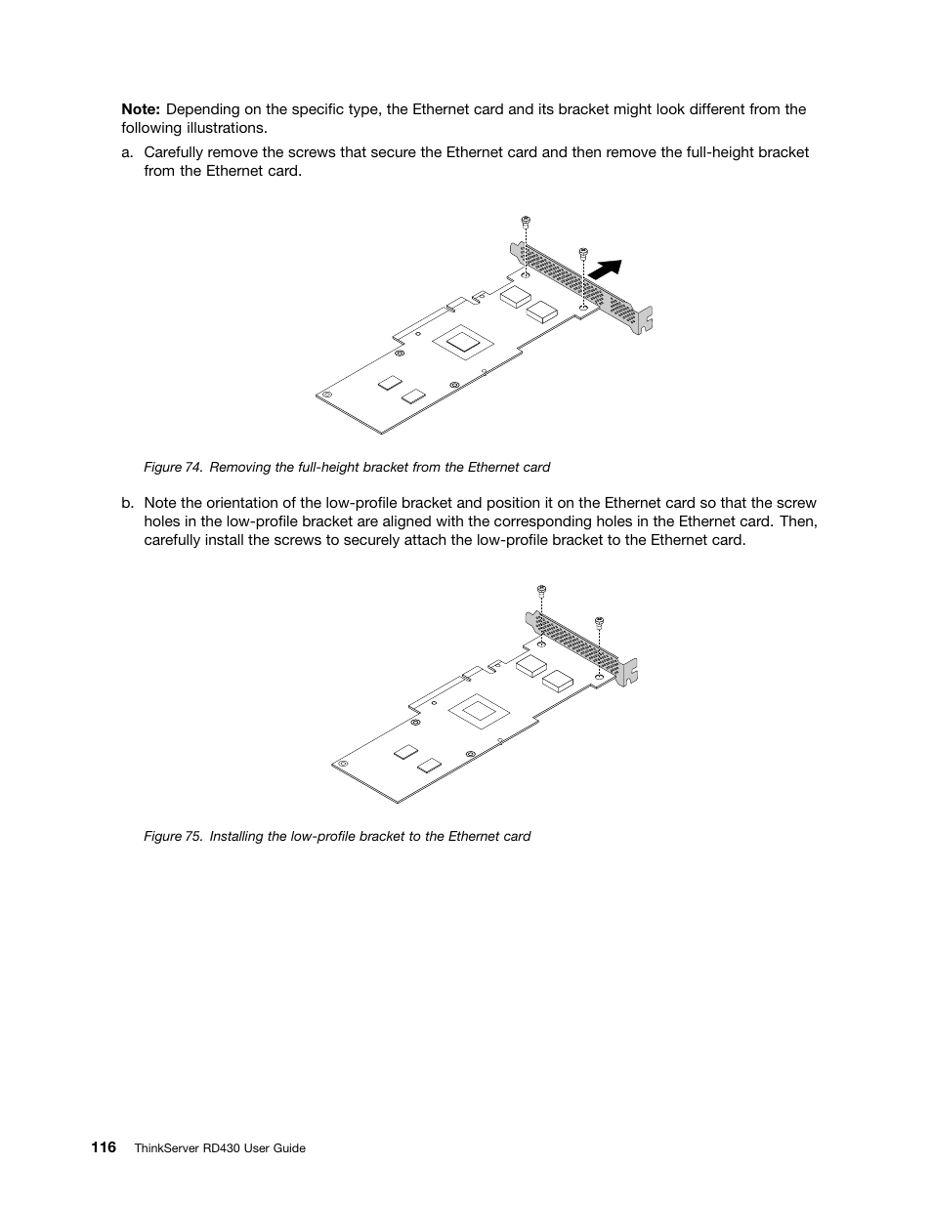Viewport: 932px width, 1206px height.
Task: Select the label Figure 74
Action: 172,468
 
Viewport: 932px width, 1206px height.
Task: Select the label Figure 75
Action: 172,837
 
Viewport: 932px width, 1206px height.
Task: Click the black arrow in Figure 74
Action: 608,270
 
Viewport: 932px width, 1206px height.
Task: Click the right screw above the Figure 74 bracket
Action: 583,252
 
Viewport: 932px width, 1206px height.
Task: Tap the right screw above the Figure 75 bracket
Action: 600,620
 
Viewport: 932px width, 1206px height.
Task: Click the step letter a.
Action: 126,152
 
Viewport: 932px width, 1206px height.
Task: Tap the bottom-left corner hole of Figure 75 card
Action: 343,763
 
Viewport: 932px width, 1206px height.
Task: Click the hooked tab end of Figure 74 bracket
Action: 644,320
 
